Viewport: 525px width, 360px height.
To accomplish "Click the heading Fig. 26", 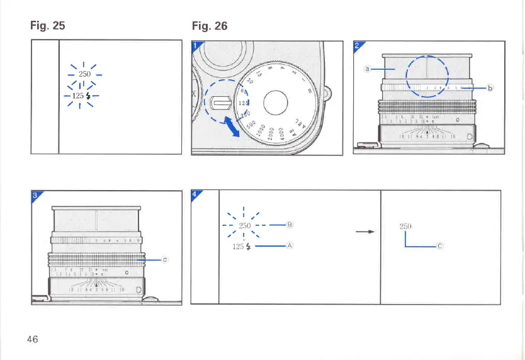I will pyautogui.click(x=209, y=26).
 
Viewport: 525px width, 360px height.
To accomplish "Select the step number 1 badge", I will pyautogui.click(x=196, y=45).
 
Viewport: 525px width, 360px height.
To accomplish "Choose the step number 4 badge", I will pyautogui.click(x=195, y=194).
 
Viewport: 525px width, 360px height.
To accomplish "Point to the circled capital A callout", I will pyautogui.click(x=290, y=246).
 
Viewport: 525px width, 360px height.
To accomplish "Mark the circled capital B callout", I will pyautogui.click(x=290, y=225).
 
